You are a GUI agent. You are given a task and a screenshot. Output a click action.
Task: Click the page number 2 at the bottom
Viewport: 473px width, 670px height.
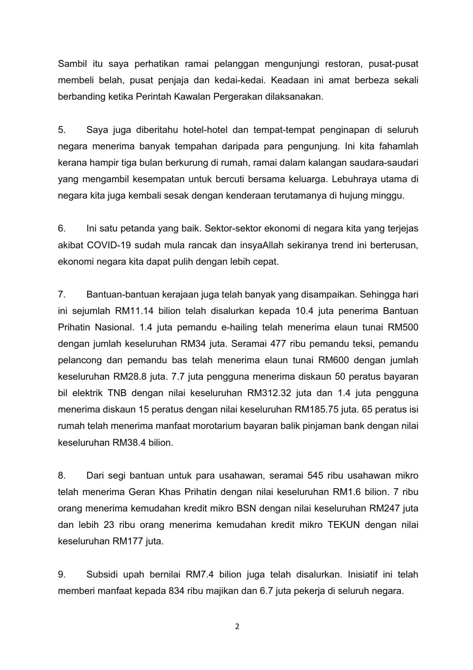[x=237, y=626]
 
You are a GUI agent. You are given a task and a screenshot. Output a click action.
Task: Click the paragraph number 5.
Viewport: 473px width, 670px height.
[x=61, y=130]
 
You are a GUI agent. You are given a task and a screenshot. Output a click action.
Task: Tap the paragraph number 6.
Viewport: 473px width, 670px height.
[x=61, y=228]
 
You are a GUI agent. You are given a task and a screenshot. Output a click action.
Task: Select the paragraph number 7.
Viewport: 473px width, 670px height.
[x=61, y=295]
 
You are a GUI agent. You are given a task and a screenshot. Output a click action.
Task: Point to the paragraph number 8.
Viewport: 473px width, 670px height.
[x=61, y=476]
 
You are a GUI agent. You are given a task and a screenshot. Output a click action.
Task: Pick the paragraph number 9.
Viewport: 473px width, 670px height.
[x=61, y=574]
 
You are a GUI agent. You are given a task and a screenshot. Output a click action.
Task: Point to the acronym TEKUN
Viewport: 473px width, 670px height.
[x=344, y=525]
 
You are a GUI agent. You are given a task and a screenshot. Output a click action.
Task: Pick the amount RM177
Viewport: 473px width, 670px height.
[x=128, y=541]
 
